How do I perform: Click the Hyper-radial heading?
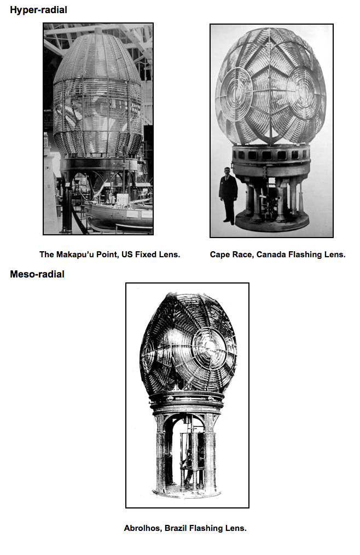[38, 10]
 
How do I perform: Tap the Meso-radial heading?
[37, 274]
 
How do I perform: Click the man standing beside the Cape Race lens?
[228, 195]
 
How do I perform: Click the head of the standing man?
[227, 172]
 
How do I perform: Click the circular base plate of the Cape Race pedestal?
[272, 222]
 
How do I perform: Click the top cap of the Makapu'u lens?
[98, 31]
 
